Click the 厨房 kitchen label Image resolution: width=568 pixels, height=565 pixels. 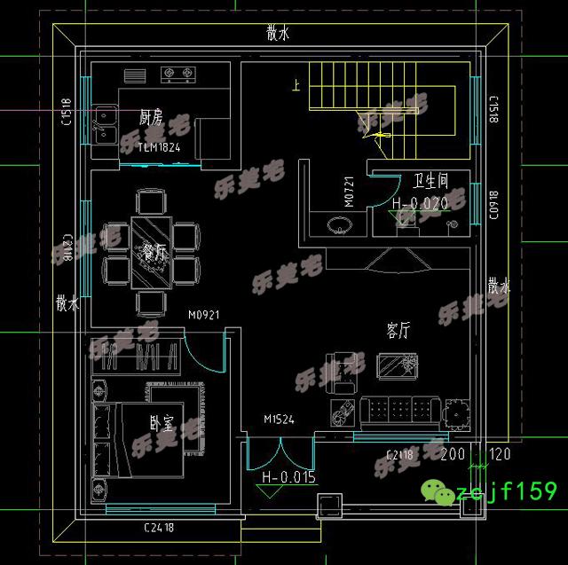(x=150, y=117)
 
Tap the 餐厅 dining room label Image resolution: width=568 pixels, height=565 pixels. (x=153, y=253)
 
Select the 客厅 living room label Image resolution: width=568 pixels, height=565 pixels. (x=398, y=330)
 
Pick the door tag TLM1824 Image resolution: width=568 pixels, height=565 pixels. (x=159, y=147)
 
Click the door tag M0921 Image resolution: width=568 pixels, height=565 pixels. (x=203, y=314)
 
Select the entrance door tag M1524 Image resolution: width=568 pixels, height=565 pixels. (x=279, y=419)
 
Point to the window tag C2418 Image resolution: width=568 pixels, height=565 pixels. (x=159, y=528)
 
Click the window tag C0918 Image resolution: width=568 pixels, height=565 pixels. (x=494, y=205)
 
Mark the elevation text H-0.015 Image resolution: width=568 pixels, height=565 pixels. (x=288, y=477)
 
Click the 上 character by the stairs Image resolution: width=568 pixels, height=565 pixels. (x=294, y=86)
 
